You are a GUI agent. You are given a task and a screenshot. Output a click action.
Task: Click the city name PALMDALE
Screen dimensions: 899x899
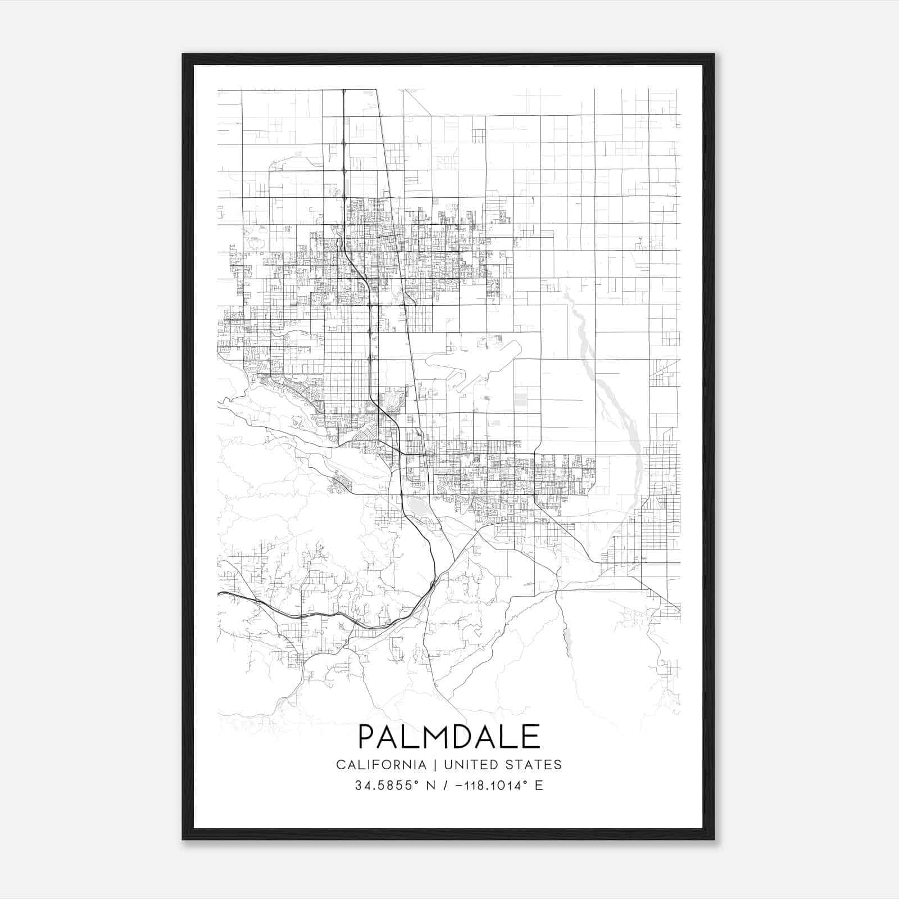click(449, 737)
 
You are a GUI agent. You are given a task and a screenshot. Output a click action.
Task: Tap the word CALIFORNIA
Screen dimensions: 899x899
click(380, 765)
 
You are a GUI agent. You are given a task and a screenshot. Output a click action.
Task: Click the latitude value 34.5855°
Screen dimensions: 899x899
click(387, 786)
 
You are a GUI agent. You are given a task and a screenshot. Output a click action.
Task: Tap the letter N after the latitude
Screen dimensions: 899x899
click(432, 786)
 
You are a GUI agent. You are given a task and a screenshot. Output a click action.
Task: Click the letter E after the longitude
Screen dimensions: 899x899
click(539, 786)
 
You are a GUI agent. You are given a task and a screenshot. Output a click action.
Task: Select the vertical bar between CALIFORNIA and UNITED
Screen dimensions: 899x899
click(435, 765)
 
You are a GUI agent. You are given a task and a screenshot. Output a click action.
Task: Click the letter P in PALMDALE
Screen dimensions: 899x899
click(367, 737)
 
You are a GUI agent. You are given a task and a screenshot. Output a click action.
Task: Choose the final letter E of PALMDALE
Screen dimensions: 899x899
click(531, 737)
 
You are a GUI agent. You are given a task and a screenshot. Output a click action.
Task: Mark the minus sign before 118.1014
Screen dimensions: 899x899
click(460, 786)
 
